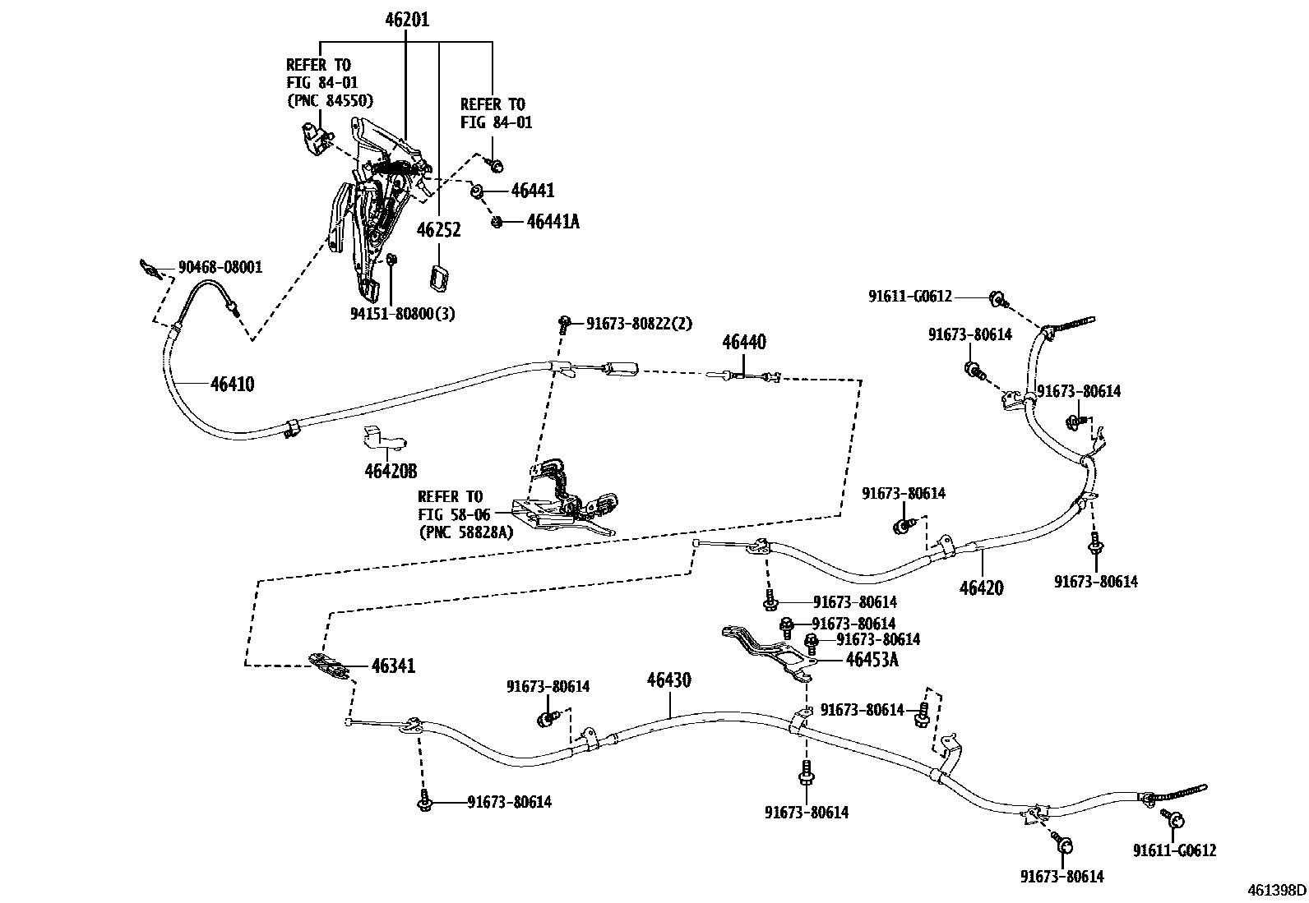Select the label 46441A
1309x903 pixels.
point(553,222)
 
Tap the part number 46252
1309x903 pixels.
point(438,230)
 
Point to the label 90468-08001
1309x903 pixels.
point(220,267)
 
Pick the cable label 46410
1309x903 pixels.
point(232,384)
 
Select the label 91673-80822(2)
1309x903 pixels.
point(639,324)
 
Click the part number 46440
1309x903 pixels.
point(744,342)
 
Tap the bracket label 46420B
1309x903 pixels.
point(391,472)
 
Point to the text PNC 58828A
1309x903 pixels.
point(465,532)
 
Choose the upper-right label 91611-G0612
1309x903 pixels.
point(909,297)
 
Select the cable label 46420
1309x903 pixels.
point(981,588)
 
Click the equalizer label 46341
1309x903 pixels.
point(393,666)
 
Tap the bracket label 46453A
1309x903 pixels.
point(872,659)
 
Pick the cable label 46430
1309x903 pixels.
point(668,680)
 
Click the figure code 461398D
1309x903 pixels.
point(1276,890)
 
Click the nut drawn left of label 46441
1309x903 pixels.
point(476,191)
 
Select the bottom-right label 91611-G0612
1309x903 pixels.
point(1173,851)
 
